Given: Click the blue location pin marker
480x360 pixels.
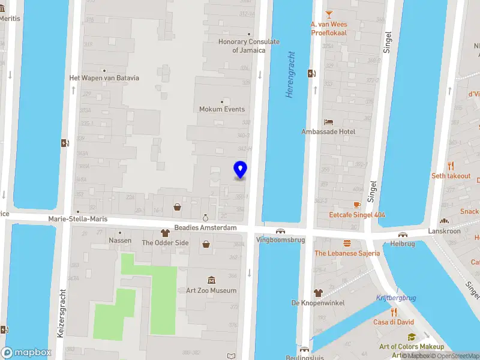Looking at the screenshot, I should [240, 170].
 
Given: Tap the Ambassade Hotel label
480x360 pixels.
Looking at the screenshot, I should [328, 131].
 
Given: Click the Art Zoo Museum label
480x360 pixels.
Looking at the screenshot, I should [211, 290].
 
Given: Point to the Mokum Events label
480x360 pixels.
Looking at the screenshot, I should [222, 109].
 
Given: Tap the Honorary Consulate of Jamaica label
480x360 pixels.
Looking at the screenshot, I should [248, 46].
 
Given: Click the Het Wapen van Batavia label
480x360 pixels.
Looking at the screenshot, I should [104, 78].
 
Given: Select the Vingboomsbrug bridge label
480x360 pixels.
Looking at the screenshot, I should [280, 239].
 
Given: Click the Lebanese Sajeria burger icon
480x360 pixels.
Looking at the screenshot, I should [347, 243].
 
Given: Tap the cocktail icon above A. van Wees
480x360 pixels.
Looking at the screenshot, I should [329, 14].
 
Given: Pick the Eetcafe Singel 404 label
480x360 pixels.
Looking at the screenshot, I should [357, 214].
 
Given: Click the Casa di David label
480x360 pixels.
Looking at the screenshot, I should [394, 322].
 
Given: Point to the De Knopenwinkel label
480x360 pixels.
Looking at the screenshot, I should [318, 302].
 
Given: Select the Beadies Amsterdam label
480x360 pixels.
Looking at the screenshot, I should [206, 228].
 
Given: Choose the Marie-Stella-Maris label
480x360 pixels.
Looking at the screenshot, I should [78, 219].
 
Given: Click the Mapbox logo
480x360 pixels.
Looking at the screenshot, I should [26, 352].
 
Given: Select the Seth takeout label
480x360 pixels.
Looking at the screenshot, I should [451, 176].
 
